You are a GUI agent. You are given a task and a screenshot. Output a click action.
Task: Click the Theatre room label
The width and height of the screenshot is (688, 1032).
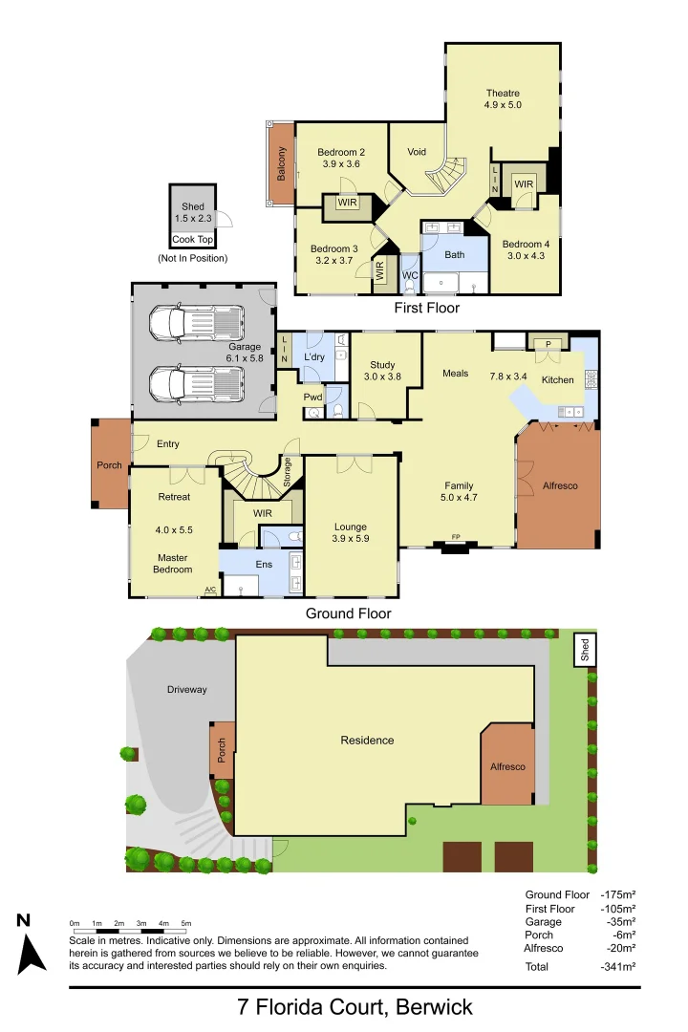coord(503,93)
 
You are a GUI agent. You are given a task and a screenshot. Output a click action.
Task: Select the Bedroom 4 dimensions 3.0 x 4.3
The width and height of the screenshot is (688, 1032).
coord(525,256)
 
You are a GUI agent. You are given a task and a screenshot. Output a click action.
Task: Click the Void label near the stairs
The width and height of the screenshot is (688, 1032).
coord(417,152)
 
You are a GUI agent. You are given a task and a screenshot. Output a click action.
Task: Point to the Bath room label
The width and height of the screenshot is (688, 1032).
coord(455,255)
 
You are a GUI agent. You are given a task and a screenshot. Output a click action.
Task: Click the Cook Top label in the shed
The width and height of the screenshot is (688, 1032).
coord(192,240)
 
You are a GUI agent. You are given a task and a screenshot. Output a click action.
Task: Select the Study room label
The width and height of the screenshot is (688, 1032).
coord(382,364)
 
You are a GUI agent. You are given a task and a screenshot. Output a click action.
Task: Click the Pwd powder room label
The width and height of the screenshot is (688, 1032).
coord(312,397)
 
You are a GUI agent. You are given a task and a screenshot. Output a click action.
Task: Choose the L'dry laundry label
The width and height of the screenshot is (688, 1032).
coord(315,356)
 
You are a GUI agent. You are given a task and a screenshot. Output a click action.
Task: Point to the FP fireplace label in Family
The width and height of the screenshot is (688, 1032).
coord(456,537)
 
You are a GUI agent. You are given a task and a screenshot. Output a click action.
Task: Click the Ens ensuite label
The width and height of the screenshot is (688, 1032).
coord(264,565)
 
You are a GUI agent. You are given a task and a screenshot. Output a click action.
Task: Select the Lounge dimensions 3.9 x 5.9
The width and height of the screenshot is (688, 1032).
coord(351,540)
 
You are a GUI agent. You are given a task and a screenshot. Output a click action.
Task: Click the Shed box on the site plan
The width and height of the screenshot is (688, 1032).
coord(585,650)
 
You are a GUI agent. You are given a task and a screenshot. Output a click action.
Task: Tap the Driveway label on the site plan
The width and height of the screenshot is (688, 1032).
coord(186,690)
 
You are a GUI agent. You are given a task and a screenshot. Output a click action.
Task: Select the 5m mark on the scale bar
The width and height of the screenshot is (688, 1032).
coord(186,923)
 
